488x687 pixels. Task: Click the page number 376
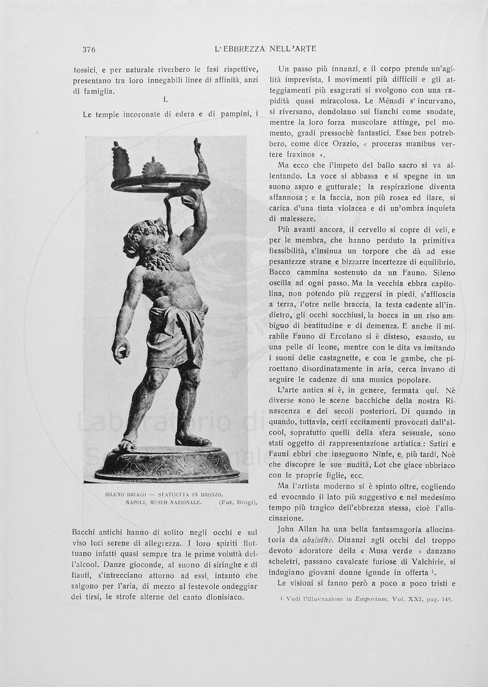coord(89,49)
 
